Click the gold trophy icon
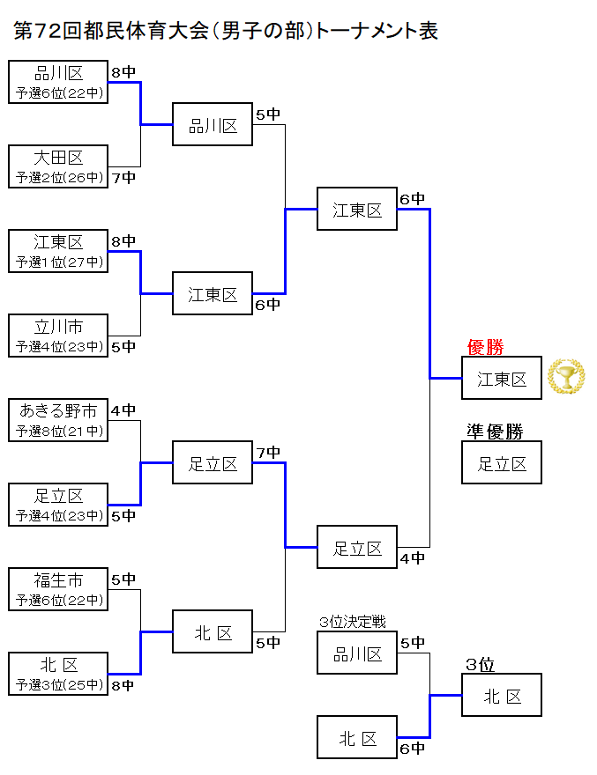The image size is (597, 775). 565,377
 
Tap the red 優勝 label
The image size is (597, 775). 485,347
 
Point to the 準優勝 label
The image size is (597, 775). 495,432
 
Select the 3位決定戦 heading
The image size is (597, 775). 353,623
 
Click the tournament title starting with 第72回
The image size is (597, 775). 227,31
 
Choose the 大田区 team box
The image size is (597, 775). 58,166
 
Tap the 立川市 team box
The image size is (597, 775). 58,336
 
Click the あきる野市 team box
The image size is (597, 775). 58,420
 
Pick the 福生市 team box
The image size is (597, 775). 58,589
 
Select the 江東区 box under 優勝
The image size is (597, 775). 502,379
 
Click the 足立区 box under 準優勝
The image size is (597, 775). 502,463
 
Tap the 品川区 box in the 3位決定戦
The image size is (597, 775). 357,653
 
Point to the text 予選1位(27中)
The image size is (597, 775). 58,262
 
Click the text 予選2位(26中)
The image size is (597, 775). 58,178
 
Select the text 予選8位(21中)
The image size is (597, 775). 58,432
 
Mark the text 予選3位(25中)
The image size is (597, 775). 58,685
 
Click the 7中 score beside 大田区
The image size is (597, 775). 123,178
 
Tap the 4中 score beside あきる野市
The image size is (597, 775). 123,410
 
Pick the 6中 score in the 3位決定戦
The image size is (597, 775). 412,749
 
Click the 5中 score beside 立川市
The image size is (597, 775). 123,347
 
